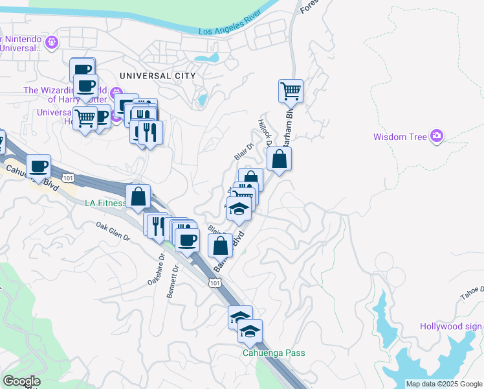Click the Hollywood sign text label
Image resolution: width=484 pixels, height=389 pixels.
pyautogui.click(x=450, y=326)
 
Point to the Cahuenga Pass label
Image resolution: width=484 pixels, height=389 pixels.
pyautogui.click(x=274, y=353)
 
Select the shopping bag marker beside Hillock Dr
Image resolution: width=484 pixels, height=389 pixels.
pyautogui.click(x=278, y=159)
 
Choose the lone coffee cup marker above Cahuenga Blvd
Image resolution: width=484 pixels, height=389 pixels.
pyautogui.click(x=39, y=166)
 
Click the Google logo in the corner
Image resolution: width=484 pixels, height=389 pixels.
pyautogui.click(x=21, y=381)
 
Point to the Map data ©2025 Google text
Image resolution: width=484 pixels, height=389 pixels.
pyautogui.click(x=444, y=384)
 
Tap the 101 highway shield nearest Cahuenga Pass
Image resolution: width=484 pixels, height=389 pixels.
pyautogui.click(x=215, y=283)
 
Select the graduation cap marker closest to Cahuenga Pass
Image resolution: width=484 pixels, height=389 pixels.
pyautogui.click(x=250, y=331)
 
